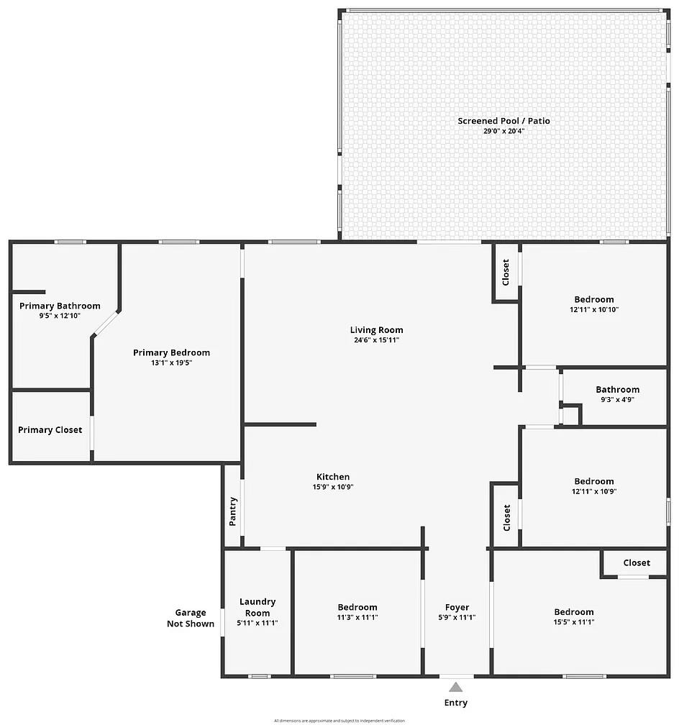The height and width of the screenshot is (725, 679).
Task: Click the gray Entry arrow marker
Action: (456, 687)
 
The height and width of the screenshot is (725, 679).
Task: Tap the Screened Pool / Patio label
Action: (503, 121)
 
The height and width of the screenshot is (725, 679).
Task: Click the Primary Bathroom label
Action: (60, 306)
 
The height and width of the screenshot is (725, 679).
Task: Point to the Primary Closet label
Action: (50, 430)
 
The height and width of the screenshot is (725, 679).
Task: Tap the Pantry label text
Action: (232, 511)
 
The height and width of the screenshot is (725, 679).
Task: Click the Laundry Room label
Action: (258, 607)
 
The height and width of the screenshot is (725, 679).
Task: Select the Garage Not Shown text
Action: (191, 618)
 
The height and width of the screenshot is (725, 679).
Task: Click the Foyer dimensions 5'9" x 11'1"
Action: (457, 617)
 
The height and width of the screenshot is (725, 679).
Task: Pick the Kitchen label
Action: (333, 477)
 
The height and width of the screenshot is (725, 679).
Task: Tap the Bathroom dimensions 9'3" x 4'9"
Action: (617, 399)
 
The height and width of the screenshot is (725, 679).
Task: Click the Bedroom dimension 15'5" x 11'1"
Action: (573, 622)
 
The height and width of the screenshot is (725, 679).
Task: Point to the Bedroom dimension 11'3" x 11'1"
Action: (357, 617)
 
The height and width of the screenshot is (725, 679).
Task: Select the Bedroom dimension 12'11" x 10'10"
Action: (593, 309)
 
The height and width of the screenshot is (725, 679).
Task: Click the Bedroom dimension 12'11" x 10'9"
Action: (593, 491)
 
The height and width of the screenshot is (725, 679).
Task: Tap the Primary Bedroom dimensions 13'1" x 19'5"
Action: (171, 362)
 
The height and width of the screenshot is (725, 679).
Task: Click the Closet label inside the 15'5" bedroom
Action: (637, 562)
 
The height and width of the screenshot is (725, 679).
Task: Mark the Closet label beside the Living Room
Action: (506, 272)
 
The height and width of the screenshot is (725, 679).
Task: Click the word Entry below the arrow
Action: (456, 703)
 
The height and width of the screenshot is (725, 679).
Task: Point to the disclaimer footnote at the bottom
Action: (339, 720)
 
